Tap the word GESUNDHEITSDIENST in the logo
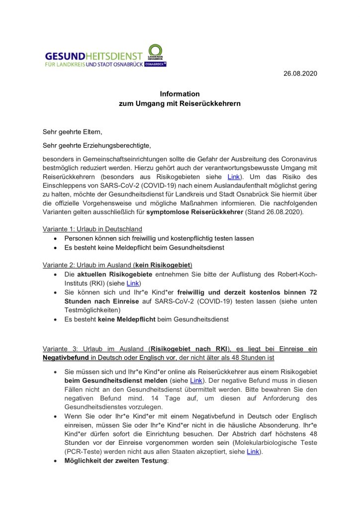coord(93,57)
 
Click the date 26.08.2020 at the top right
coord(300,74)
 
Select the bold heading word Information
coord(180,94)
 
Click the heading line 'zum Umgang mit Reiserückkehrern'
coord(180,104)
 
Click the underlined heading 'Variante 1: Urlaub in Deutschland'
coord(92,229)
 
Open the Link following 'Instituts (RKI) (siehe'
coord(133,283)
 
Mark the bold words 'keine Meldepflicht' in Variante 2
coord(126,320)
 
